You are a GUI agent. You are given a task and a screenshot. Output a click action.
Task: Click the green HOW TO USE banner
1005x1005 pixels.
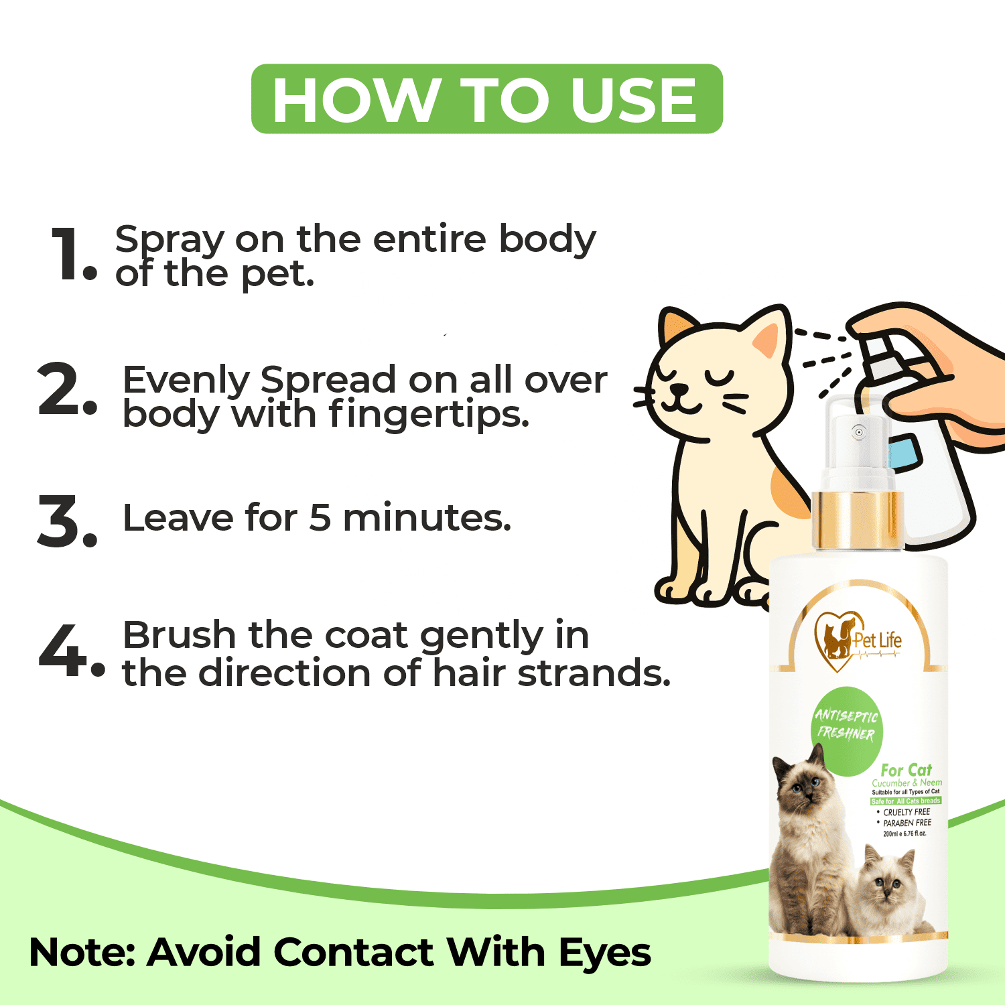(487, 99)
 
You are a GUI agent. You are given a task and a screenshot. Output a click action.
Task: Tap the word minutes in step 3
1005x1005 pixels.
(427, 518)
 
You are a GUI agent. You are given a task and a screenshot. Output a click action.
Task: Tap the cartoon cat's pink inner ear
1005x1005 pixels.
(768, 339)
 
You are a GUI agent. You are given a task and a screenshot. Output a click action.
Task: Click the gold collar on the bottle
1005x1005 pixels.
(858, 520)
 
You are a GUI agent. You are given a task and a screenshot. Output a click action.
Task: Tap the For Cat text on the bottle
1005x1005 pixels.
(906, 770)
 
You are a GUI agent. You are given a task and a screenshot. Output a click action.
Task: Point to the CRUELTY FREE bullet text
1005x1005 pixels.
(907, 812)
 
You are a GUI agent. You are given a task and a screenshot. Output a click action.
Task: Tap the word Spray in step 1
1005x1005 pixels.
(170, 240)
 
